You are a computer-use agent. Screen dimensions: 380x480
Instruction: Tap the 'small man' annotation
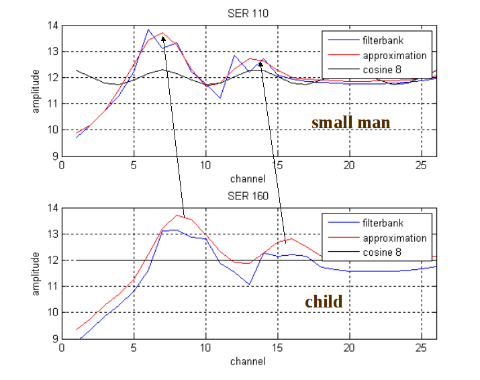point(350,122)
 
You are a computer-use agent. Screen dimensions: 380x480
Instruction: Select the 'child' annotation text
point(324,301)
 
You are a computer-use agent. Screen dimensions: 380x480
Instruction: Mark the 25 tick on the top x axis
point(421,164)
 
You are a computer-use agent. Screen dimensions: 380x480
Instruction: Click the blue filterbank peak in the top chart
point(148,30)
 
